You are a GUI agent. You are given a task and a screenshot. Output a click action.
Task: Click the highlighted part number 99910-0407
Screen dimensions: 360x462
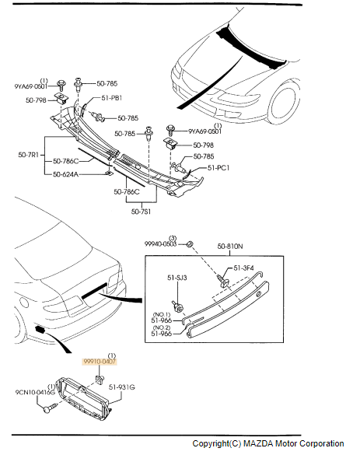100,362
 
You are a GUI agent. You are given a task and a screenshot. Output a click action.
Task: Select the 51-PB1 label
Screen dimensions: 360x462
112,98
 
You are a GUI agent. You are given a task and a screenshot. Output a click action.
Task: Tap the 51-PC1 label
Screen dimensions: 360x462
218,168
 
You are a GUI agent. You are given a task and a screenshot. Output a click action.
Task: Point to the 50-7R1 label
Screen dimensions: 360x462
28,155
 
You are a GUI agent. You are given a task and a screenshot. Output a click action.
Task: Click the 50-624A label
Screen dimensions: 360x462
65,174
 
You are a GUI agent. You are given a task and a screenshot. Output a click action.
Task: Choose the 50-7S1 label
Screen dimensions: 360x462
141,212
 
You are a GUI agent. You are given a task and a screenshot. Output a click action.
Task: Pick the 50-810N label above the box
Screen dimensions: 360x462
230,246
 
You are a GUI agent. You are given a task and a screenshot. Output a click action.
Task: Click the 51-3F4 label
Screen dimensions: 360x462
243,268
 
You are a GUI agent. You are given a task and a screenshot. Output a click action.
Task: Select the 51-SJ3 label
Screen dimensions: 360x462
177,278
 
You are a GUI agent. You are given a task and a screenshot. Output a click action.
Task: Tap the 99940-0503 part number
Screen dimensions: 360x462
160,244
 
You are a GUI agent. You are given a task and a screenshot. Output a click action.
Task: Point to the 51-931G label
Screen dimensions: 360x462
121,387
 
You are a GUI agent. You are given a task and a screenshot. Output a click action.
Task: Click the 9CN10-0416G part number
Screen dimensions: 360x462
35,392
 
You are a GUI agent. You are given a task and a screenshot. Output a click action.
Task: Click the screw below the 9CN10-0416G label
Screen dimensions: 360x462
49,408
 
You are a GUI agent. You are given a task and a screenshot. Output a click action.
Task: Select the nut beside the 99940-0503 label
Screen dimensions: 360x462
190,244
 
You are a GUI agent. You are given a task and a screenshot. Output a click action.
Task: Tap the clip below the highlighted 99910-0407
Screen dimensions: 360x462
100,380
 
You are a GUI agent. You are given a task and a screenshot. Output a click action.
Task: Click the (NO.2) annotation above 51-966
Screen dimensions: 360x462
161,327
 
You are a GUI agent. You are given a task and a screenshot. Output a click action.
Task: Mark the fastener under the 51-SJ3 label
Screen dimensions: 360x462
177,306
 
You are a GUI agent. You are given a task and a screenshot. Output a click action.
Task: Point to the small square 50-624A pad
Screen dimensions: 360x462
109,173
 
